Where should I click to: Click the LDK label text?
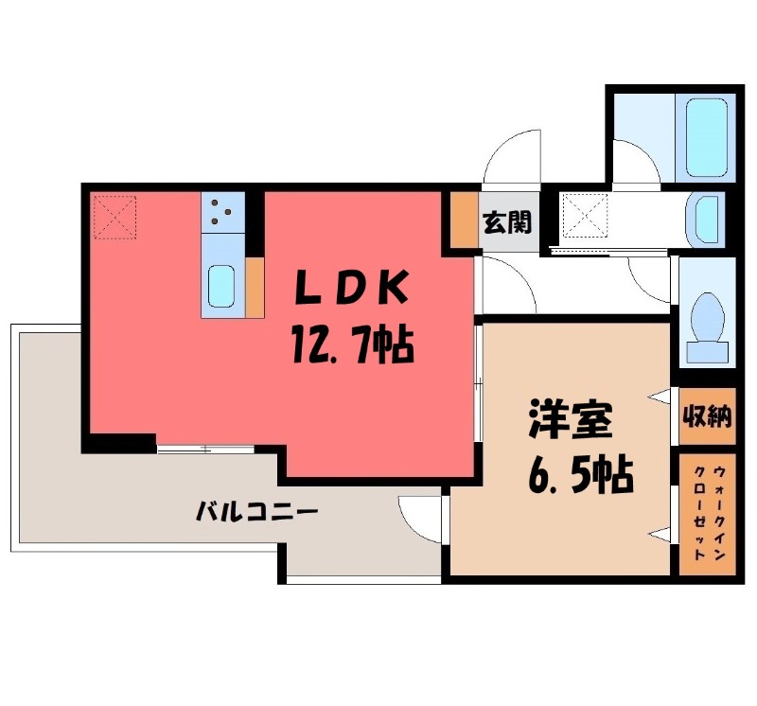coord(352,288)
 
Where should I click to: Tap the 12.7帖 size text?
coord(352,344)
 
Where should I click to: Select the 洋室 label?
coord(572,418)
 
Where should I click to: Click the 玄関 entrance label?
coord(507,222)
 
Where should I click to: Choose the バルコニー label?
coord(256,511)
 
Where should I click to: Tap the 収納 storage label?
coord(707,415)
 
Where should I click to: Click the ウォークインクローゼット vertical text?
coord(707,512)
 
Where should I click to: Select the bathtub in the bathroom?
coord(706,137)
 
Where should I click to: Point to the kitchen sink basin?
coord(221,287)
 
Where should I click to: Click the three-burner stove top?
coord(222,213)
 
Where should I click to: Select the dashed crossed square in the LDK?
coord(114,218)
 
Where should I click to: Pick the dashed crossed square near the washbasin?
coord(585,216)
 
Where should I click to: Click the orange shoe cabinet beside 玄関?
coord(465,221)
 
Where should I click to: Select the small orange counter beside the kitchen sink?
coord(255,288)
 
